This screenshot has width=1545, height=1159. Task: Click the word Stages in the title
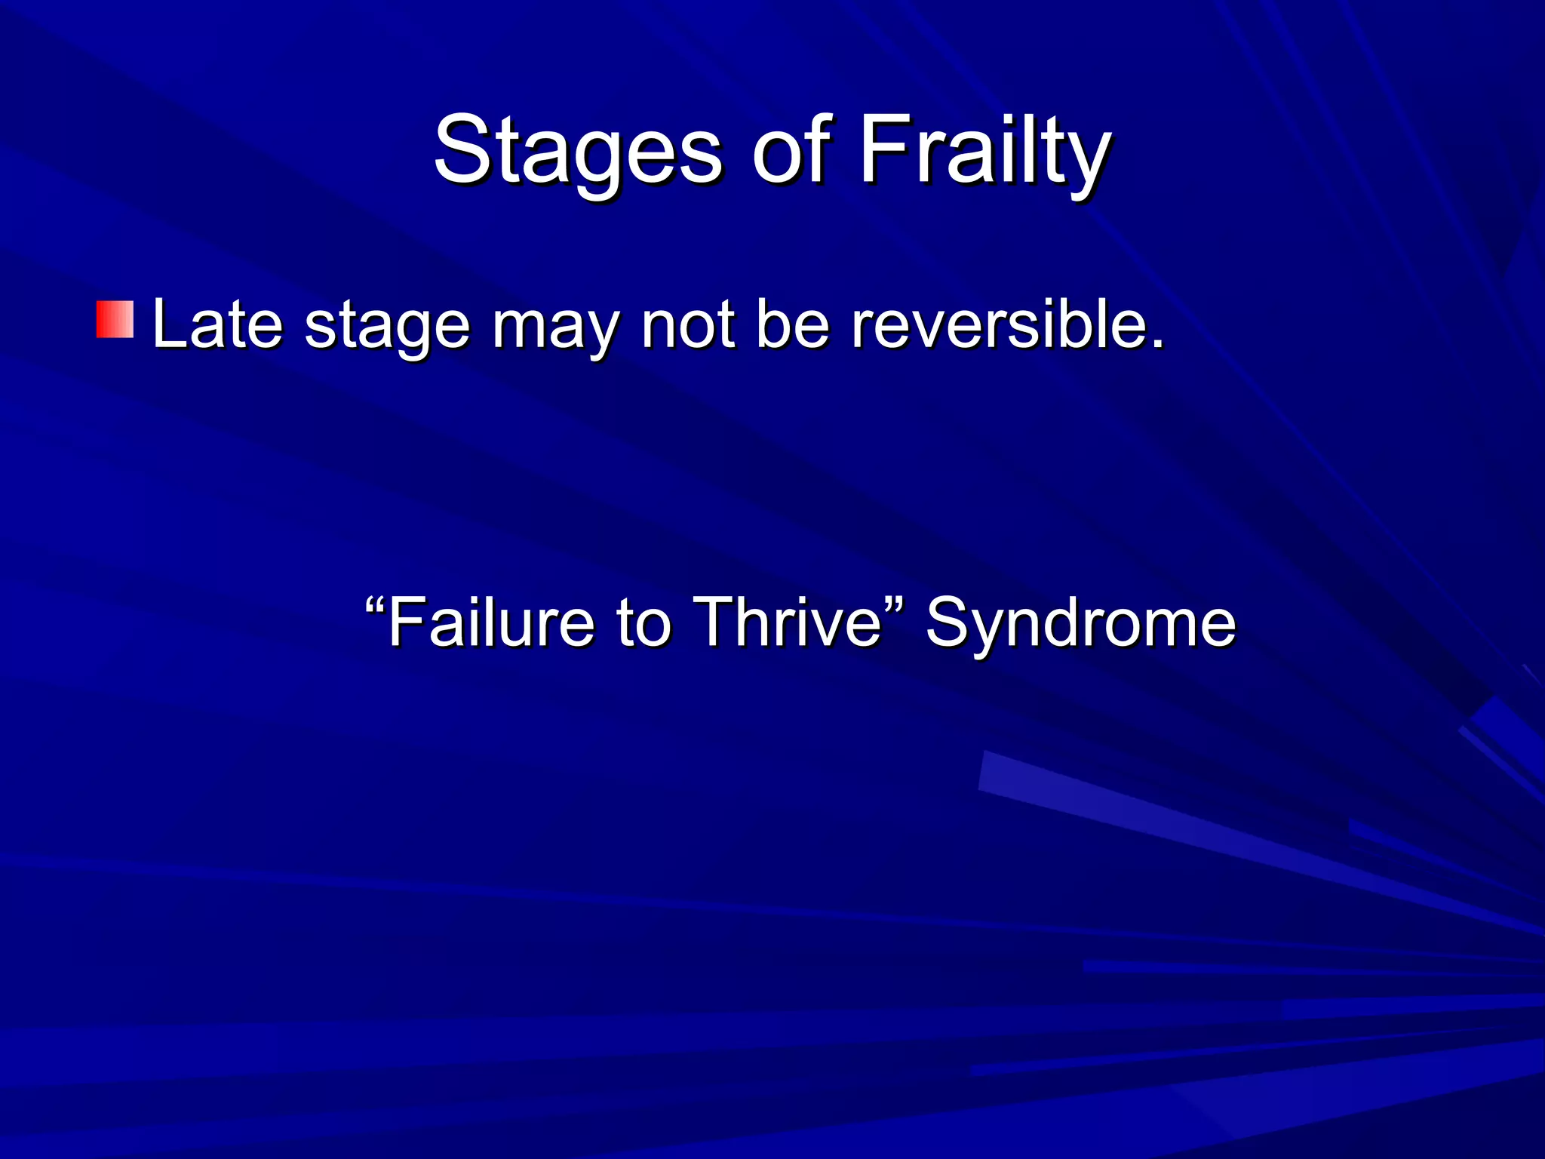tap(577, 151)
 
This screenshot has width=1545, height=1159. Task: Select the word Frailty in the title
tap(984, 151)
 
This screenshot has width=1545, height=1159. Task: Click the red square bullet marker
tap(115, 319)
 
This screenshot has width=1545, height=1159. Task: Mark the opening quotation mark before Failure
tap(375, 604)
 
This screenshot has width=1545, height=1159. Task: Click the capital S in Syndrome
tap(947, 623)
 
